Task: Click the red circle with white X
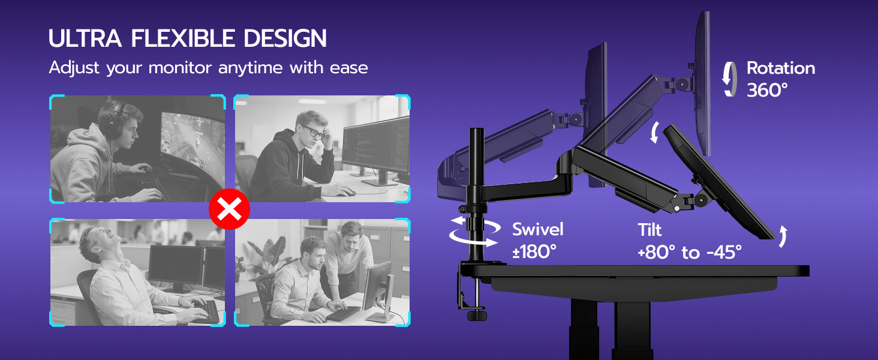pos(229,209)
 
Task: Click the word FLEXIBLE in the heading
pos(183,38)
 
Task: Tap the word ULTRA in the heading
pos(85,38)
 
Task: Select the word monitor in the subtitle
pos(180,68)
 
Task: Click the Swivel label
pos(538,229)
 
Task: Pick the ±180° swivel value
pos(534,252)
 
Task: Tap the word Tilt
pos(650,230)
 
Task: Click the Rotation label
pos(781,68)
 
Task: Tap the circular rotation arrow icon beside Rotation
pos(729,79)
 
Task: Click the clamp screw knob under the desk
pos(476,315)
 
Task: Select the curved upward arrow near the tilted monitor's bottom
pos(783,236)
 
